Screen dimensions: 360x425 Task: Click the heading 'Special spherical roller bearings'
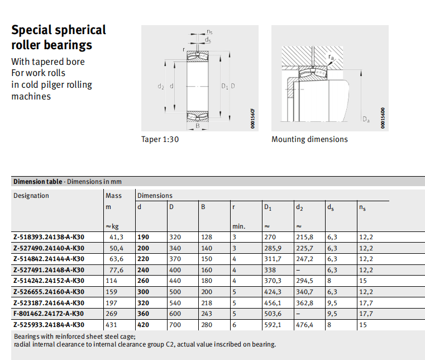point(59,37)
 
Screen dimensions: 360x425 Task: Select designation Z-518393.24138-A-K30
point(49,237)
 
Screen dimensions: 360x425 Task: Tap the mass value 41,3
point(116,237)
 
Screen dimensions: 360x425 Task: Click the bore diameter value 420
point(144,324)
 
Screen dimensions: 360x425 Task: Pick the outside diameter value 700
point(175,324)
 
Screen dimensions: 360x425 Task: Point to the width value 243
point(207,314)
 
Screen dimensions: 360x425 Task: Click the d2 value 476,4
point(304,324)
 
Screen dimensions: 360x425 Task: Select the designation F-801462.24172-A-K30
point(49,314)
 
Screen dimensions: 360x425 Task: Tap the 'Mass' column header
point(113,196)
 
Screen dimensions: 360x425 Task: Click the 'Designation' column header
point(31,196)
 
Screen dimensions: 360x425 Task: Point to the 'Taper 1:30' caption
point(160,139)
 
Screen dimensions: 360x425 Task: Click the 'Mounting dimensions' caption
point(309,139)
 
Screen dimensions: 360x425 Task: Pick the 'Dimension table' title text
point(37,182)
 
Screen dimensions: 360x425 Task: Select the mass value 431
point(113,324)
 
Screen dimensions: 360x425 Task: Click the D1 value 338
point(270,269)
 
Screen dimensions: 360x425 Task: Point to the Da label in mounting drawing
point(366,119)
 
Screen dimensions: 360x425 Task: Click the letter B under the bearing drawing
point(197,126)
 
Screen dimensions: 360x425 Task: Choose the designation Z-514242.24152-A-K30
point(49,281)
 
